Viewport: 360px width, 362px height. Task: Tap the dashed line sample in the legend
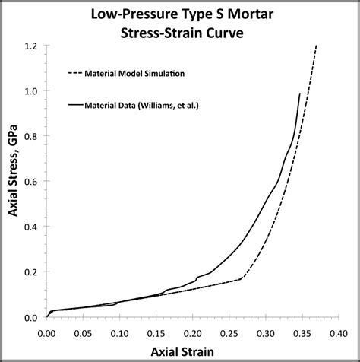[75, 73]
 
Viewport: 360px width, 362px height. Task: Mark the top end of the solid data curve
[300, 94]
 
